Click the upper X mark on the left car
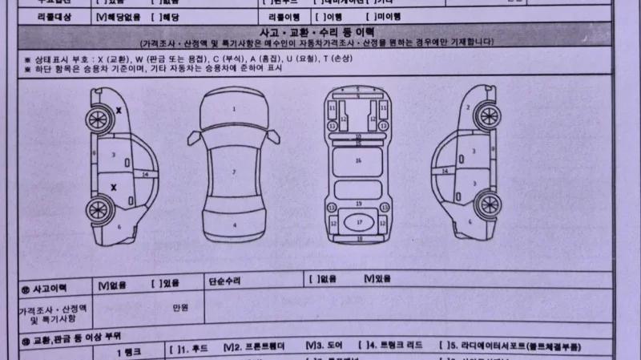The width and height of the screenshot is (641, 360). click(x=119, y=110)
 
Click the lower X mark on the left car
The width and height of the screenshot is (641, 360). click(x=113, y=187)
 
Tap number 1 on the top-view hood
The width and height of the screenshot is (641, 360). click(x=234, y=107)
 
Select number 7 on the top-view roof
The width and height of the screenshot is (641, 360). click(x=234, y=172)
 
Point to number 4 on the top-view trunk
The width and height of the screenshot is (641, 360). click(x=234, y=226)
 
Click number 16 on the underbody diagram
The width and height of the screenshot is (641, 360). click(x=358, y=160)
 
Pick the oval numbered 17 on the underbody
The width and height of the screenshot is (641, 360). click(x=359, y=220)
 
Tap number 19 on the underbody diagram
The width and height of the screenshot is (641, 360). click(x=358, y=204)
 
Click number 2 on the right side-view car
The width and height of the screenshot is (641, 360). click(x=467, y=108)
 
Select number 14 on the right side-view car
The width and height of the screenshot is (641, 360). click(x=443, y=171)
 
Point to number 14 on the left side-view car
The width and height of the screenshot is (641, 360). click(x=145, y=173)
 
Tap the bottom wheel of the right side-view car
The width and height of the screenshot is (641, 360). click(x=485, y=205)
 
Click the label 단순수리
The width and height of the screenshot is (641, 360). click(x=224, y=281)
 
